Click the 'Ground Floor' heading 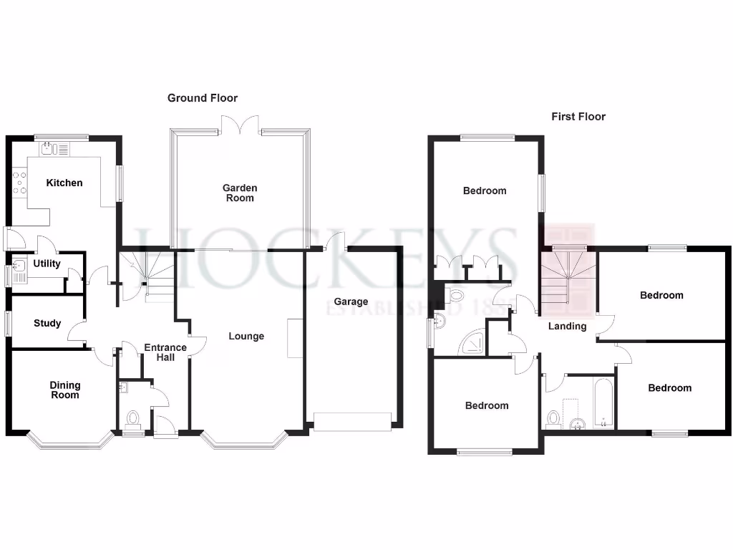203,98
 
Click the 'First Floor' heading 578,116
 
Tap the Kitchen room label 64,183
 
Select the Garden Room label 240,193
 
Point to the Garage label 351,301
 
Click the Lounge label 246,336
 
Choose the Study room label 47,323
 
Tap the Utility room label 47,264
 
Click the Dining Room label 65,390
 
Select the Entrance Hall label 165,352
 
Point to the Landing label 567,327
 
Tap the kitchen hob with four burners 18,183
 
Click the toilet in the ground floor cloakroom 132,417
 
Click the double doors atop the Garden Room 240,126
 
